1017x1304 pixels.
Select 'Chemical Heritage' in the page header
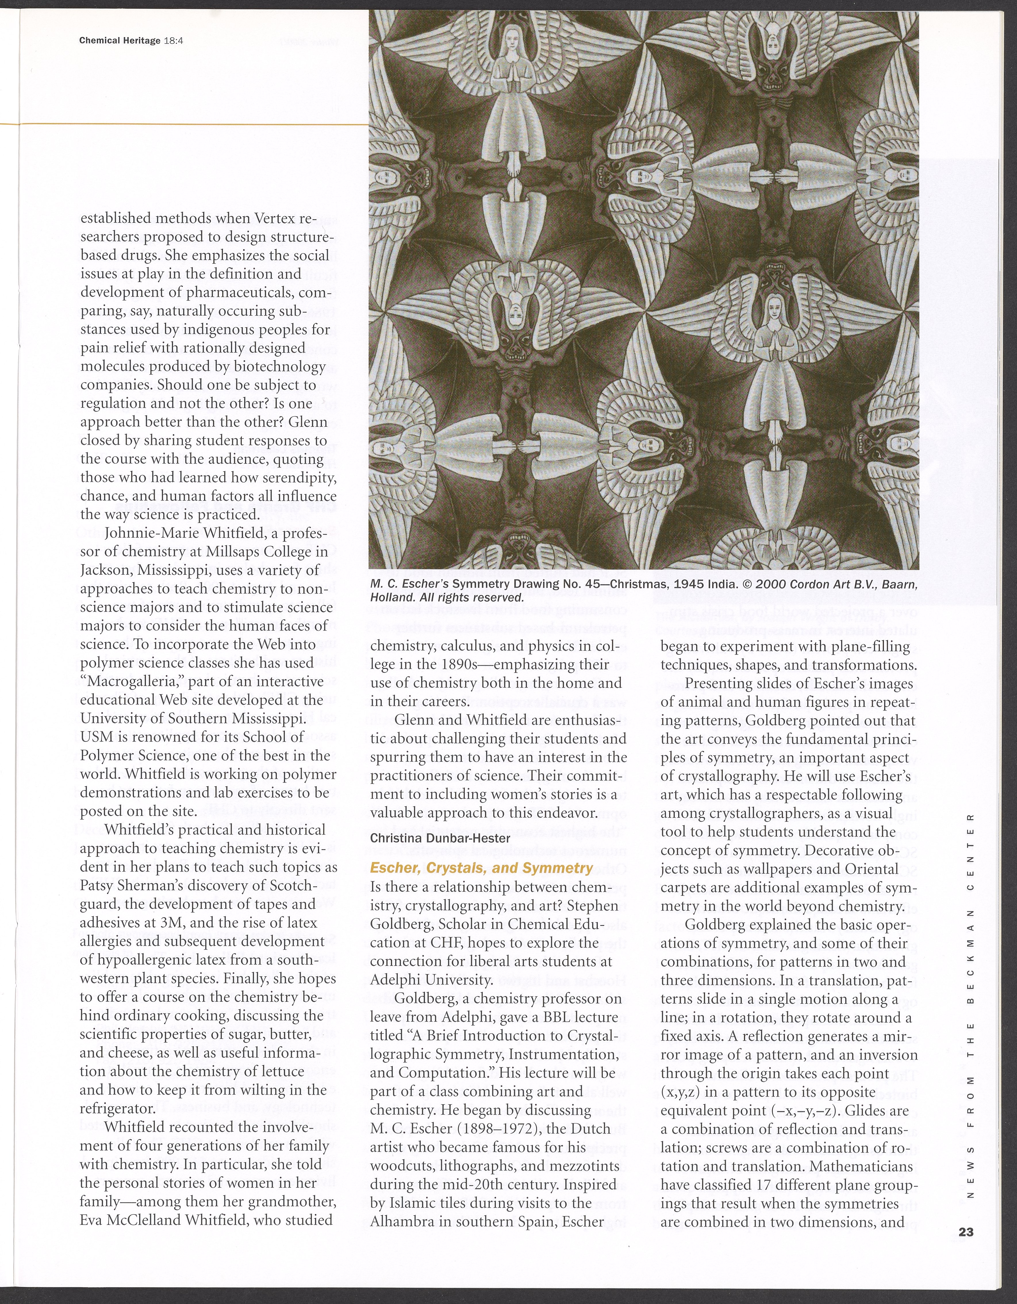click(120, 40)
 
